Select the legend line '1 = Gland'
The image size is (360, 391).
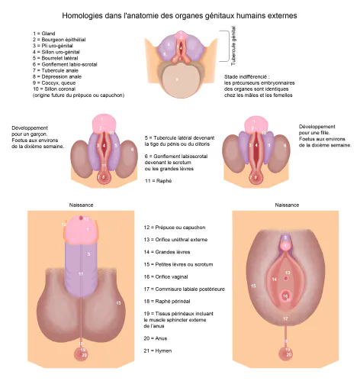(x=43, y=34)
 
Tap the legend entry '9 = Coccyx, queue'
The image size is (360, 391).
(x=54, y=83)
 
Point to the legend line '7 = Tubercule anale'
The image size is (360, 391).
(x=56, y=70)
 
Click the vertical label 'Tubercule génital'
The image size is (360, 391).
(x=233, y=46)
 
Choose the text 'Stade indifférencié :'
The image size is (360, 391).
(x=246, y=76)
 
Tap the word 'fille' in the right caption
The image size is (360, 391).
(x=325, y=133)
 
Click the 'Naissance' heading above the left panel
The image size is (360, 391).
(x=81, y=205)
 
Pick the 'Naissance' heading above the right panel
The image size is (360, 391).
(x=287, y=205)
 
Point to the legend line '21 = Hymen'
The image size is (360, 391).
(x=158, y=351)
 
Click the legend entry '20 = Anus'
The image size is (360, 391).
(x=156, y=338)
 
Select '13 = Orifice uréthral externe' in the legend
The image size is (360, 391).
(x=175, y=240)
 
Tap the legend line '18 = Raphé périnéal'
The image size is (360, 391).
(x=167, y=302)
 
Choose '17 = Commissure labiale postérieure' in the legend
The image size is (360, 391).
(x=185, y=289)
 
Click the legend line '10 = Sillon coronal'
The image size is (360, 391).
(x=54, y=89)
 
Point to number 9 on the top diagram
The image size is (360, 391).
(x=177, y=79)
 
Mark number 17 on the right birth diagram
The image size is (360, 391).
(x=285, y=318)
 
